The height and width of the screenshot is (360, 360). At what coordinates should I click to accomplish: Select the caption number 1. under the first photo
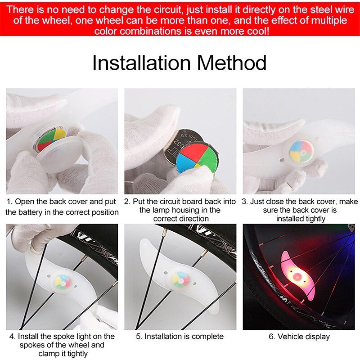tap(11, 202)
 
